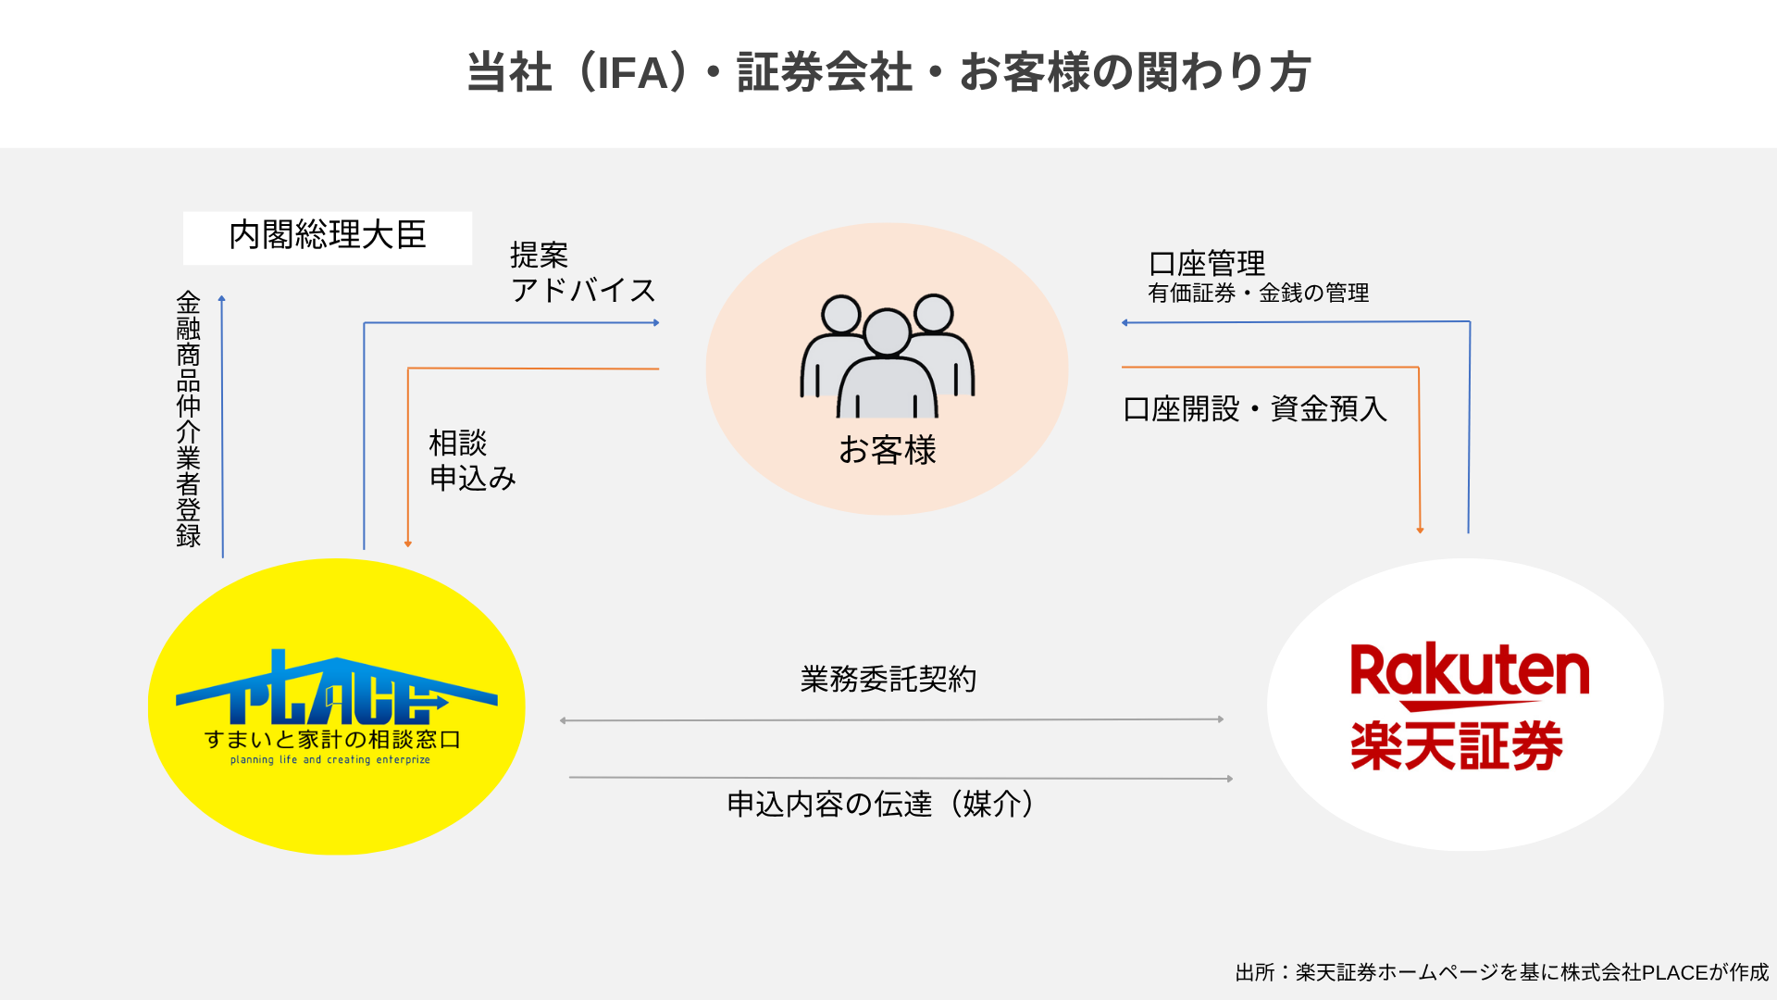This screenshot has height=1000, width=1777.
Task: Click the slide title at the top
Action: click(888, 72)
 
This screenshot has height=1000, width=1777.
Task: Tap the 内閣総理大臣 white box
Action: click(328, 237)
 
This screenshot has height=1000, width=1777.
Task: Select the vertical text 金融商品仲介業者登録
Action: click(189, 419)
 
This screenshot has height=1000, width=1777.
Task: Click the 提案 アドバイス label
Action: click(582, 273)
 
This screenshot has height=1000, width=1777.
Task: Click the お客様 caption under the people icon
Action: click(888, 451)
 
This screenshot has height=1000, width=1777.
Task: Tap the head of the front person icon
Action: click(887, 332)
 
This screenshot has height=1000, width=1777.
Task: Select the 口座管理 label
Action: click(1206, 264)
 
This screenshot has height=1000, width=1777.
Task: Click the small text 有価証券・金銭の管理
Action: click(1258, 294)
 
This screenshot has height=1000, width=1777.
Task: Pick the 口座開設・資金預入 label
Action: click(1255, 409)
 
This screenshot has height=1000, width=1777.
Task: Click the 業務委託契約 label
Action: click(888, 679)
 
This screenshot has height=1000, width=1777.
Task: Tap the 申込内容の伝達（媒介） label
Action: click(881, 804)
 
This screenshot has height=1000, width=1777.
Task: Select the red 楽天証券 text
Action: click(1457, 746)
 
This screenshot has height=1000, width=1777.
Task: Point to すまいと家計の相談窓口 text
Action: click(332, 740)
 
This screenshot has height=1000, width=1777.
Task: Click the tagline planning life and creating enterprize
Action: click(330, 760)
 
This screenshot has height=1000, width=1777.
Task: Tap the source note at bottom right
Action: click(1501, 972)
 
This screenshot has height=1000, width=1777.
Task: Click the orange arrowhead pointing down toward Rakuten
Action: click(1420, 531)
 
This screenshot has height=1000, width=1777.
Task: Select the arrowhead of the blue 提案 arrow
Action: click(656, 323)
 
